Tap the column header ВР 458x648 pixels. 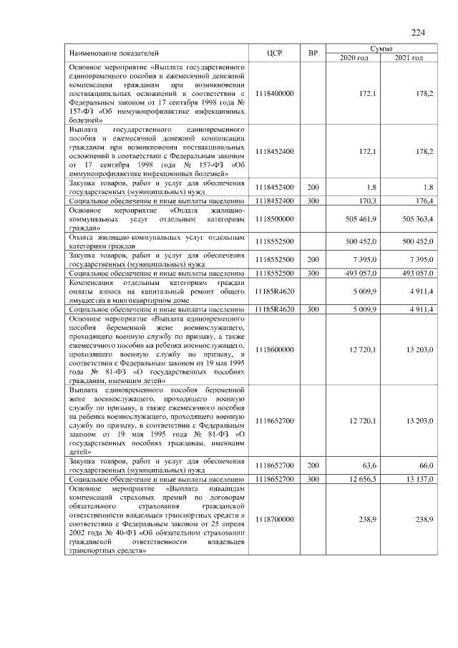click(312, 53)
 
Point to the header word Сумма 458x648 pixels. click(381, 47)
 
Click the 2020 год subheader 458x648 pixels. click(354, 57)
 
